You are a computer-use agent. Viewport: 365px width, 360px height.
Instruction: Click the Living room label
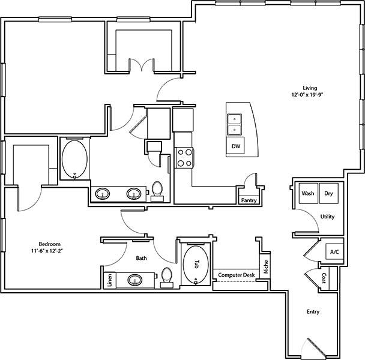click(x=310, y=87)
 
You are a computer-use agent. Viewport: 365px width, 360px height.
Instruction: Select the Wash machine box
click(x=308, y=194)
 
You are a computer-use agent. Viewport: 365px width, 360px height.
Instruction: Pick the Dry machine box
click(x=328, y=194)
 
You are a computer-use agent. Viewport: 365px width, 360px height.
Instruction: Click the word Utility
click(x=327, y=217)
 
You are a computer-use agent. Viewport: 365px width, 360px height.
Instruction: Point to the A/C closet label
click(x=334, y=252)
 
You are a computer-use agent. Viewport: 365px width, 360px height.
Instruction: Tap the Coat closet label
click(x=323, y=278)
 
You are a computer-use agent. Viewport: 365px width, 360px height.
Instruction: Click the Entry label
click(x=313, y=312)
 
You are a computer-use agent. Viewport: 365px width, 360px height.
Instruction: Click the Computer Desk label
click(x=237, y=275)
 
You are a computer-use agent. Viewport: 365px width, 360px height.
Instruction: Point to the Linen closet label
click(x=110, y=281)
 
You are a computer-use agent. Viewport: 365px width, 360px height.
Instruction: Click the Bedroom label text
click(x=50, y=243)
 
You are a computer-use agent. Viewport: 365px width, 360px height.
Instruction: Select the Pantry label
click(x=249, y=200)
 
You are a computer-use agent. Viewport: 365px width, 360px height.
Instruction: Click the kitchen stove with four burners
click(x=184, y=157)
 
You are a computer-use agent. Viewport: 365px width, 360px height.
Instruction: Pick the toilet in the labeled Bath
click(x=167, y=277)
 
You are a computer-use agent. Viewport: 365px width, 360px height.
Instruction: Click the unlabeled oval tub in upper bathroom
click(x=75, y=159)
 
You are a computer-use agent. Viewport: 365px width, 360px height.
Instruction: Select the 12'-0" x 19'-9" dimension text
click(x=310, y=95)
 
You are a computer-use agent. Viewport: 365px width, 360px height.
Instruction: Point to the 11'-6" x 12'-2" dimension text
click(x=50, y=250)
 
